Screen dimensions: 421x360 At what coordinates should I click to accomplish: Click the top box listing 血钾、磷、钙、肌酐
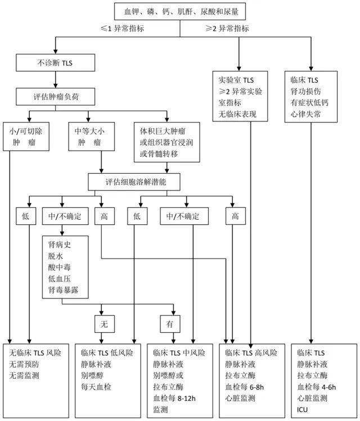click(x=181, y=11)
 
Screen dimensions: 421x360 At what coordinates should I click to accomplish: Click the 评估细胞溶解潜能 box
click(x=135, y=182)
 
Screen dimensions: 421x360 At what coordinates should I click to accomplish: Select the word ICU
click(x=303, y=409)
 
